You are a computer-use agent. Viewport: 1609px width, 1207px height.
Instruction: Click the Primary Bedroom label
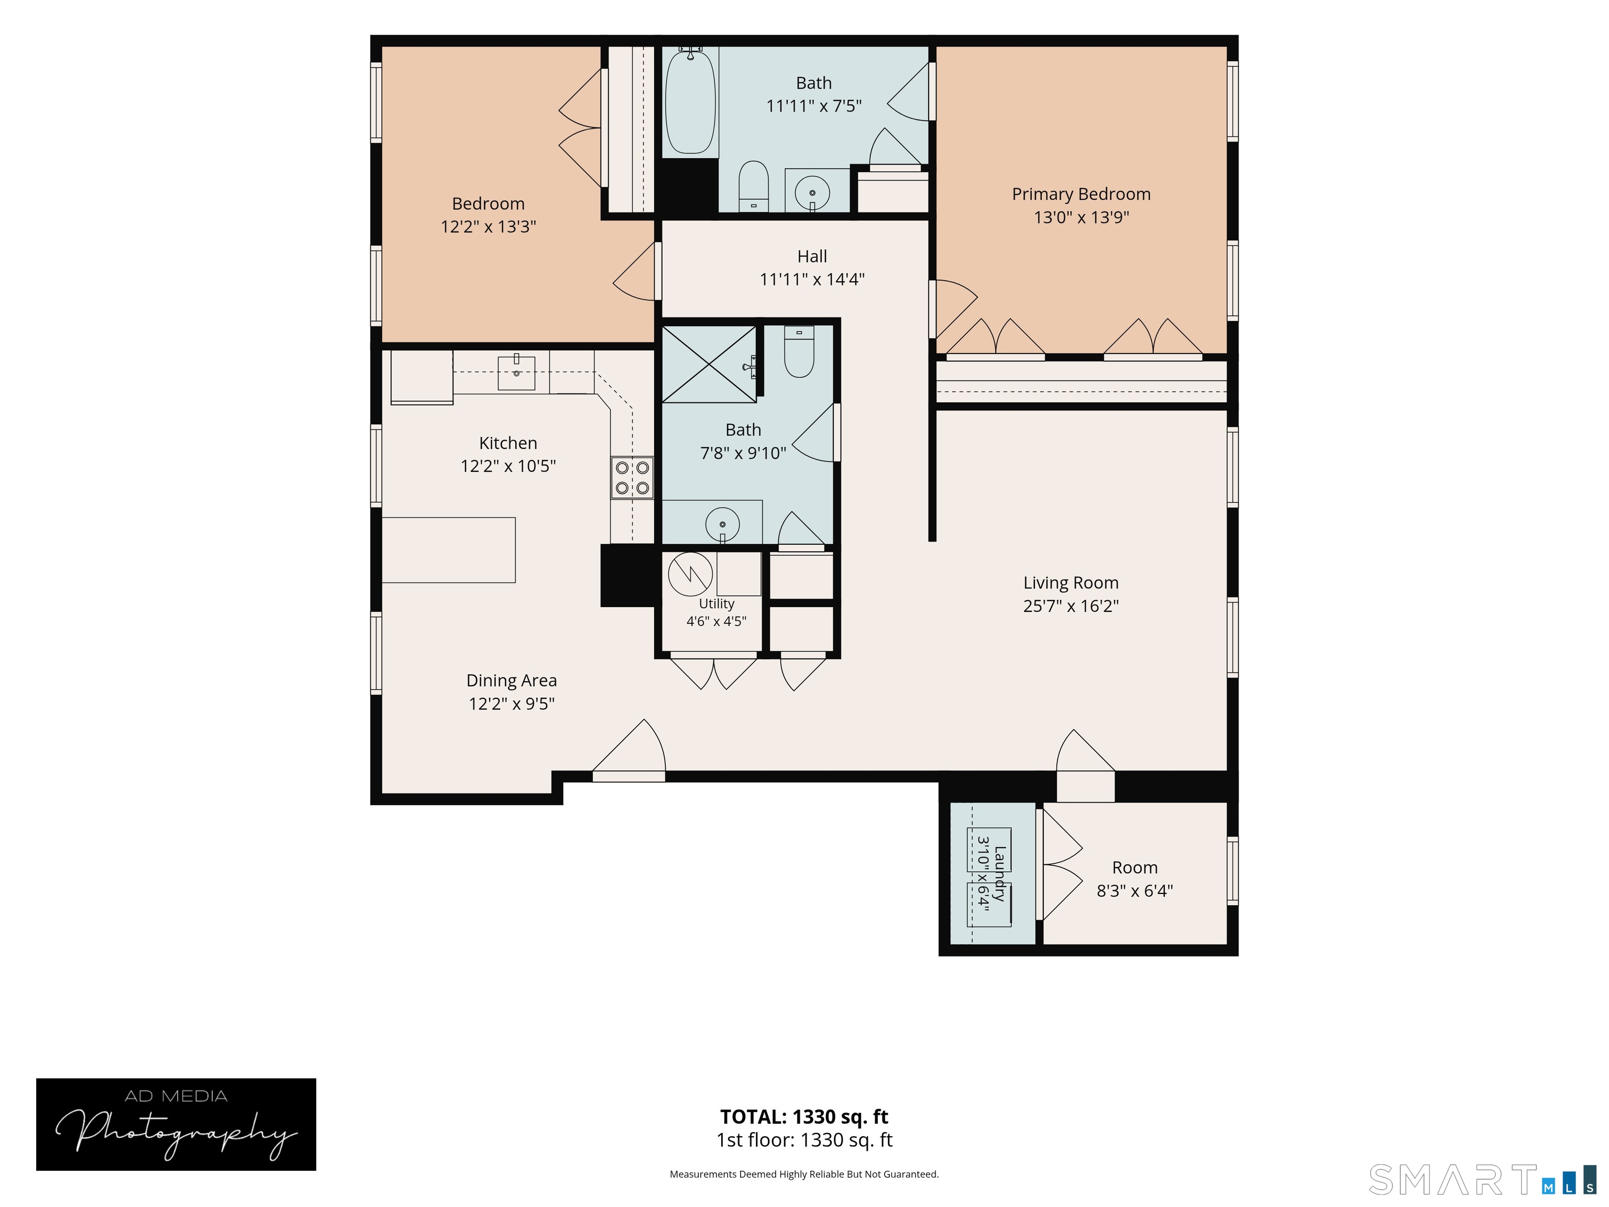coord(1081,194)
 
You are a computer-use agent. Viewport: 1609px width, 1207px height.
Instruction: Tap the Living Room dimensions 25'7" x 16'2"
coord(1071,606)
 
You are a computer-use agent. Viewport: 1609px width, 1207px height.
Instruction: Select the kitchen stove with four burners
coord(632,477)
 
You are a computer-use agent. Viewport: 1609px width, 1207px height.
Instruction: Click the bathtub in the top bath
coord(690,101)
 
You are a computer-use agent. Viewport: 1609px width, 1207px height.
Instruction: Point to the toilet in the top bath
coord(754,186)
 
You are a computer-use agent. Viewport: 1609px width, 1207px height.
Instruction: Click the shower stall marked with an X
coord(709,364)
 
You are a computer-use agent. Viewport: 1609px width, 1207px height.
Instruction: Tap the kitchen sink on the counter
coord(516,372)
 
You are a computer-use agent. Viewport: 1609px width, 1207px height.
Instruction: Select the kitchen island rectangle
coord(449,550)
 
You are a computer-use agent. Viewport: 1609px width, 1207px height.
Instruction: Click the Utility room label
coord(717,604)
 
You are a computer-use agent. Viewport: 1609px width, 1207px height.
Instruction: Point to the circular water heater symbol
coord(690,575)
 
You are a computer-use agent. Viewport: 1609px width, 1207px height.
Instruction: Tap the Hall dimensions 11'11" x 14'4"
coord(812,279)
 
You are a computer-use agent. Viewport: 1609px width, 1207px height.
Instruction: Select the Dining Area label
coord(511,681)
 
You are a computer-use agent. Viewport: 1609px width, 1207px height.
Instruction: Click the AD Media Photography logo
coord(176,1124)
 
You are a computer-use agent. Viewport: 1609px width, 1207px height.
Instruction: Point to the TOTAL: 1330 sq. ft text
coord(804,1117)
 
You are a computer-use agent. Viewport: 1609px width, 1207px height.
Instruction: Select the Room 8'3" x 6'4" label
coord(1135,879)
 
